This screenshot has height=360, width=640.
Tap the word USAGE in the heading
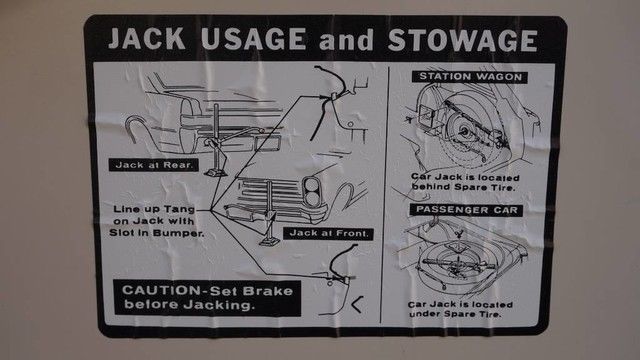pyautogui.click(x=253, y=39)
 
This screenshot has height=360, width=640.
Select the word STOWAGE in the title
pyautogui.click(x=462, y=40)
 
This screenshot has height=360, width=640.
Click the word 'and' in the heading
pyautogui.click(x=347, y=41)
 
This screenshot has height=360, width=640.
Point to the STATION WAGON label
pyautogui.click(x=470, y=77)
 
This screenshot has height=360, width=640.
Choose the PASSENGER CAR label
pyautogui.click(x=467, y=210)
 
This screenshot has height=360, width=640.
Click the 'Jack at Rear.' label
pyautogui.click(x=153, y=165)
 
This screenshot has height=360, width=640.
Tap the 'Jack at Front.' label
pyautogui.click(x=329, y=233)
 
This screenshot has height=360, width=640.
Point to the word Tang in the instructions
pyautogui.click(x=179, y=209)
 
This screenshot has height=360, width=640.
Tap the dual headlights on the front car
pyautogui.click(x=312, y=192)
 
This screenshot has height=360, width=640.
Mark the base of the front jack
pyautogui.click(x=269, y=242)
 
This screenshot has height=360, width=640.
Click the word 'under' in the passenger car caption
pyautogui.click(x=425, y=314)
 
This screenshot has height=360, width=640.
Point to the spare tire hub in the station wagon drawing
pyautogui.click(x=464, y=132)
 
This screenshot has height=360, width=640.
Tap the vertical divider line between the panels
pyautogui.click(x=385, y=195)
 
